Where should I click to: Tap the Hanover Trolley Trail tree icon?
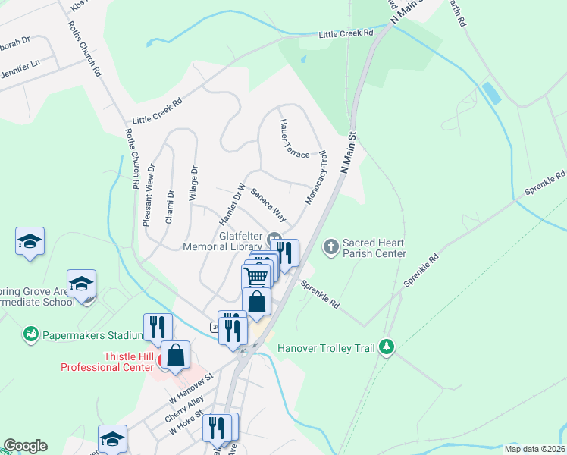387,347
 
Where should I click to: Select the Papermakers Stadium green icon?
30,334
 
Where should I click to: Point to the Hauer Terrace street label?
294,139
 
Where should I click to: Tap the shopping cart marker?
256,276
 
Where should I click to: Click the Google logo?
25,446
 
